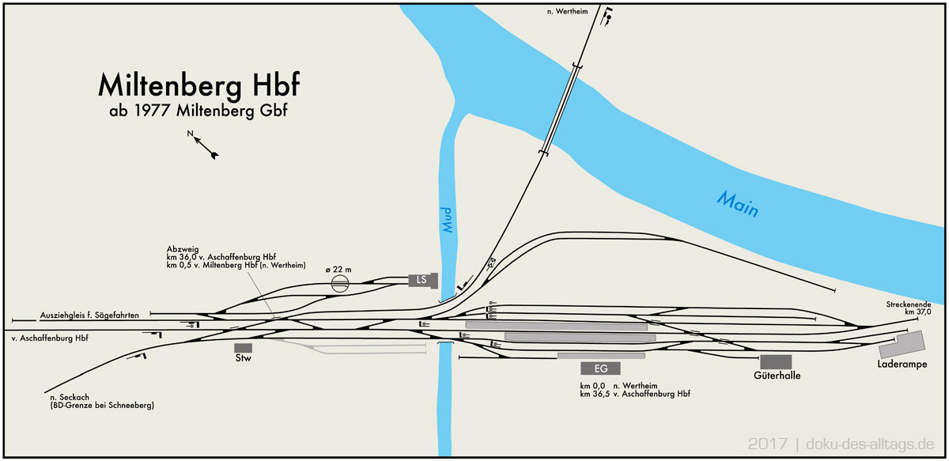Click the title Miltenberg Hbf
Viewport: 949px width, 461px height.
pos(198,85)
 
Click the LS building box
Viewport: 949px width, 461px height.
pos(422,281)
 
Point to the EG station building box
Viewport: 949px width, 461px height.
pos(600,368)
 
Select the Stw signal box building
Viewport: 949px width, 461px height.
pos(243,347)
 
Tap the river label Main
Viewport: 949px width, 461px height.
pos(738,204)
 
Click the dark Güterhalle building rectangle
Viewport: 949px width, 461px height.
pos(776,361)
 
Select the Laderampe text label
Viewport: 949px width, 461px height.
pos(902,365)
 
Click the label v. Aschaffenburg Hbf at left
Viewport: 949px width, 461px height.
pos(49,338)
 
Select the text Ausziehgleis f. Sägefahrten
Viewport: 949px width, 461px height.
pos(89,316)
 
